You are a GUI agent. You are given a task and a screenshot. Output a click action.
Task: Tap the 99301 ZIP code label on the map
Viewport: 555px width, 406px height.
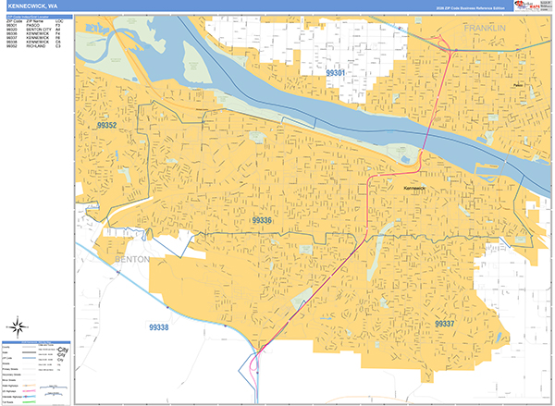pyautogui.click(x=336, y=72)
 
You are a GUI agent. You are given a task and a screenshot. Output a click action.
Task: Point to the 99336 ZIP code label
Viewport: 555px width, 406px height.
pyautogui.click(x=262, y=220)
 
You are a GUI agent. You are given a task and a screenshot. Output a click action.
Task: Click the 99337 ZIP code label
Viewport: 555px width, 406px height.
pyautogui.click(x=445, y=323)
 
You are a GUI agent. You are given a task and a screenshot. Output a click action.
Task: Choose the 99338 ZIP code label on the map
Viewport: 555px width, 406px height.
pyautogui.click(x=158, y=326)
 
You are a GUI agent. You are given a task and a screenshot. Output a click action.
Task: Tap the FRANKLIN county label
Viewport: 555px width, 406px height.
pyautogui.click(x=486, y=30)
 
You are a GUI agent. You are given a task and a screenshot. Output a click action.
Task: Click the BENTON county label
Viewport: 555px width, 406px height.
pyautogui.click(x=131, y=260)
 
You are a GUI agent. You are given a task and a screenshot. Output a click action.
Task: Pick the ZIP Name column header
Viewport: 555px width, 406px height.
pyautogui.click(x=37, y=20)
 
